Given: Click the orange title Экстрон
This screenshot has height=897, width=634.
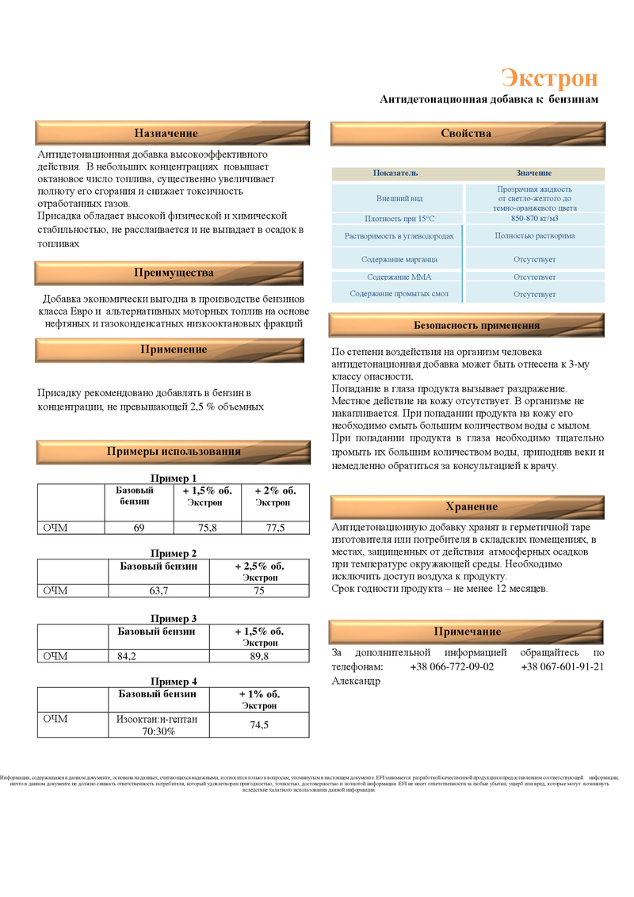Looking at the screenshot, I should [x=549, y=78].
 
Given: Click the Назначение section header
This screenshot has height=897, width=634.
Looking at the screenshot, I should [x=166, y=133].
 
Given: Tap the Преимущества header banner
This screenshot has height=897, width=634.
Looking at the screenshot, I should [x=174, y=273].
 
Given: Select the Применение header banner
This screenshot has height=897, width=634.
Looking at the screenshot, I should [x=174, y=349].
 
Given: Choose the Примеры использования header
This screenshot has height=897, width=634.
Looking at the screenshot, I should [x=174, y=452].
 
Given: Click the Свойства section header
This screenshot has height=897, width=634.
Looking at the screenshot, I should [x=466, y=134].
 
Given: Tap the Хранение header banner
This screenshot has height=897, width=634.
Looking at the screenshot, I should [x=472, y=507].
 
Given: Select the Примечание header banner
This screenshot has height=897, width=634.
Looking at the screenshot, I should [x=468, y=632].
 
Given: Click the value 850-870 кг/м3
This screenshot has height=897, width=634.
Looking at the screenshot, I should [x=534, y=219].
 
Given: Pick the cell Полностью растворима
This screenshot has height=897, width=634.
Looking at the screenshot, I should [x=534, y=236].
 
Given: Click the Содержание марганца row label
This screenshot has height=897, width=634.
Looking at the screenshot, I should [x=399, y=259].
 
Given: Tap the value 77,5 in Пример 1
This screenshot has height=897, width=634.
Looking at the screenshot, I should [x=275, y=528].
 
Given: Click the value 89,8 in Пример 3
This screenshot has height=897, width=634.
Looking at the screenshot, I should [x=259, y=656].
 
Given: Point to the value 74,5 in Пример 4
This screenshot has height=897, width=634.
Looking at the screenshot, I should [x=259, y=725].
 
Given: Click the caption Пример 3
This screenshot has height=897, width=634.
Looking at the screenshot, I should [x=174, y=619].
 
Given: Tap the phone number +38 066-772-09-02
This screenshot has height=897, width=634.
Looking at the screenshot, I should [x=452, y=666].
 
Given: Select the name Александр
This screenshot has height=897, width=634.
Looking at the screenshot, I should [x=355, y=681].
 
